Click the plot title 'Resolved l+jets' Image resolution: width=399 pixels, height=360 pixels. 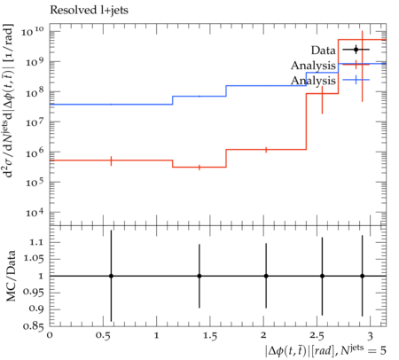click(x=89, y=11)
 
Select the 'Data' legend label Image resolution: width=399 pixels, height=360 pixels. click(x=323, y=51)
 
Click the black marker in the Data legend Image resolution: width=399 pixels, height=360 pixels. click(x=356, y=50)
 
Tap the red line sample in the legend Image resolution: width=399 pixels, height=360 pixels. click(x=356, y=65)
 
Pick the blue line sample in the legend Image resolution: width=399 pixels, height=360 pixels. click(x=356, y=80)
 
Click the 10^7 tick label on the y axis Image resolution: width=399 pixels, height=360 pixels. click(x=35, y=122)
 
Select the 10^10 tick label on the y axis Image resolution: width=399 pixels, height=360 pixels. click(x=33, y=31)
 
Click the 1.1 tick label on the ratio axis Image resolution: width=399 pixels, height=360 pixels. click(x=36, y=243)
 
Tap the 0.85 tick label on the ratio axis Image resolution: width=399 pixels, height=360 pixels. click(x=34, y=326)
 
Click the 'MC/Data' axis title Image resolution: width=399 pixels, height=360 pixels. click(x=11, y=276)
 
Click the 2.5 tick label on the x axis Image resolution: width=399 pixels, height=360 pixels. click(x=317, y=336)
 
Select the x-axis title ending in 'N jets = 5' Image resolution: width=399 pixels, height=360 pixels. click(x=325, y=350)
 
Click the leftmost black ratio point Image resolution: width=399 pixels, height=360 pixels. click(x=111, y=276)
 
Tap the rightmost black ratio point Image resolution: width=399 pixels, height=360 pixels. click(x=363, y=276)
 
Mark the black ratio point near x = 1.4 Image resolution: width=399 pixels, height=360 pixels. click(x=199, y=276)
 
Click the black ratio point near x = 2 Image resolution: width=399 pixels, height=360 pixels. click(x=266, y=276)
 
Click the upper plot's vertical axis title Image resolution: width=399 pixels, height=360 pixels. click(x=9, y=100)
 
